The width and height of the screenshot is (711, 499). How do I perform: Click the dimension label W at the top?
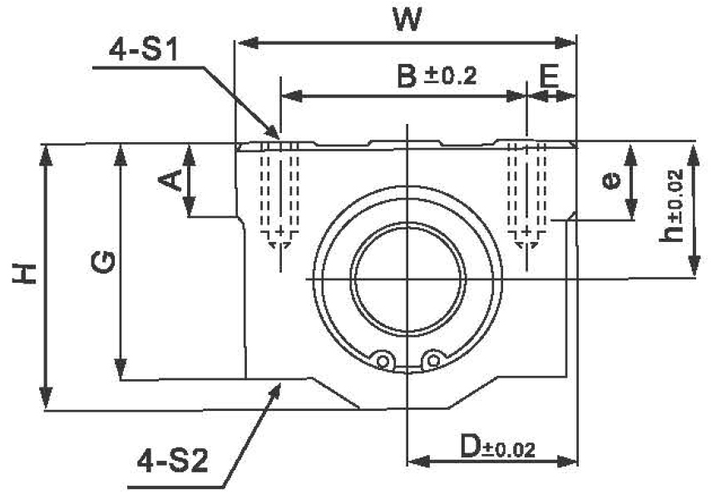[407, 19]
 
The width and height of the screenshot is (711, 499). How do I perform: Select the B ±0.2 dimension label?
[436, 77]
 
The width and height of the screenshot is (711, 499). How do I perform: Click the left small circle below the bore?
[383, 360]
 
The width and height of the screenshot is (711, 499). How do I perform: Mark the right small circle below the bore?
[431, 360]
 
